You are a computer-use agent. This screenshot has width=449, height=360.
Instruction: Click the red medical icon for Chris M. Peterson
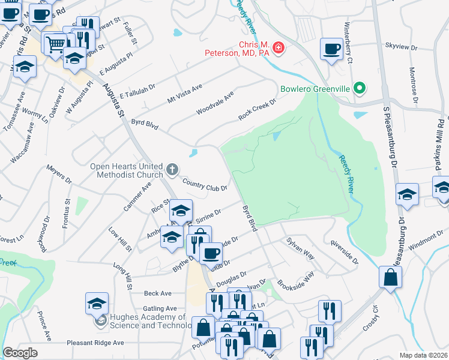pos(277,47)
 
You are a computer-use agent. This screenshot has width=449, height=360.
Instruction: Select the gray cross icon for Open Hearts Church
pos(172,170)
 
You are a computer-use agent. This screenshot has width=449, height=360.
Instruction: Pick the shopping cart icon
pos(56,43)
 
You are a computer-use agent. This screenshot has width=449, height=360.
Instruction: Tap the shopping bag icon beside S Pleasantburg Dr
pos(391,277)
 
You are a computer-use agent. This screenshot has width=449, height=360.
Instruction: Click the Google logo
pos(20,352)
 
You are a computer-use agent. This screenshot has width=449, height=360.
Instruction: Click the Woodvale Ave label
pos(214,104)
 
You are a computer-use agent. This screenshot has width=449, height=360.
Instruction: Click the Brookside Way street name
pos(295,280)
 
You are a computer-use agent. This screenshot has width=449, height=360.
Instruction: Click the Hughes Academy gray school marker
pos(101,321)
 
